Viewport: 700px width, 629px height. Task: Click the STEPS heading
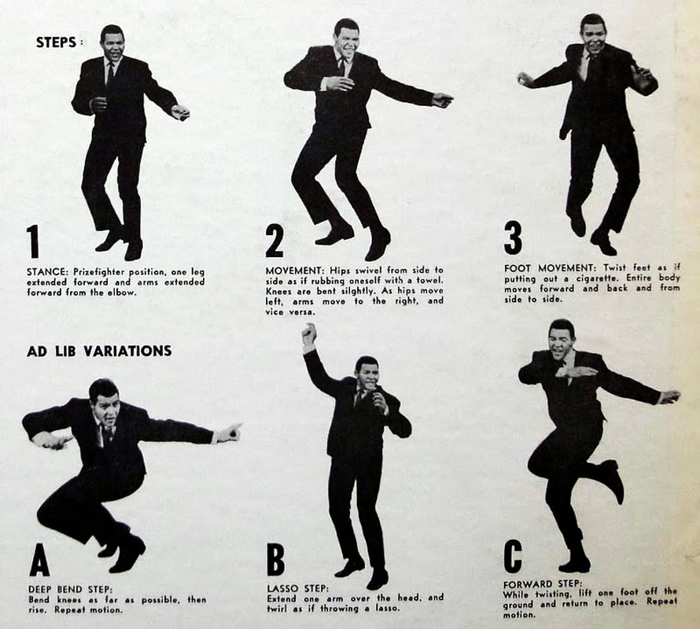57,42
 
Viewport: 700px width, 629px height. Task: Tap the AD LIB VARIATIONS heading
99,351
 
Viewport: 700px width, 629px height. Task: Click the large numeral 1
33,241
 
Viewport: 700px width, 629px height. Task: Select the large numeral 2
274,241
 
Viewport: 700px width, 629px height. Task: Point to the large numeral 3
513,239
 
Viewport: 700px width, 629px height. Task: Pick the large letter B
275,560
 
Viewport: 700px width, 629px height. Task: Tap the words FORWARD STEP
543,583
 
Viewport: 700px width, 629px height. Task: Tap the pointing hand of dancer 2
442,100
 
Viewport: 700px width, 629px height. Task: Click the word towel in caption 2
430,281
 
